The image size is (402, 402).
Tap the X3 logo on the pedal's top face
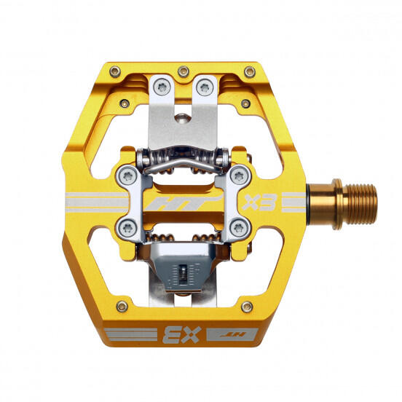(259, 202)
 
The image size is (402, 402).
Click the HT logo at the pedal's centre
(184, 202)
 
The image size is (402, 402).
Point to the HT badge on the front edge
(232, 334)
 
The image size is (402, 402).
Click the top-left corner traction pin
(115, 72)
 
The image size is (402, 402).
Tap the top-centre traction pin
(184, 71)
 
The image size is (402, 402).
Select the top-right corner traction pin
(250, 72)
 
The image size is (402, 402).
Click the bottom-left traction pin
(122, 307)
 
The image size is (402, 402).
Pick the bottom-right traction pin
(247, 307)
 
